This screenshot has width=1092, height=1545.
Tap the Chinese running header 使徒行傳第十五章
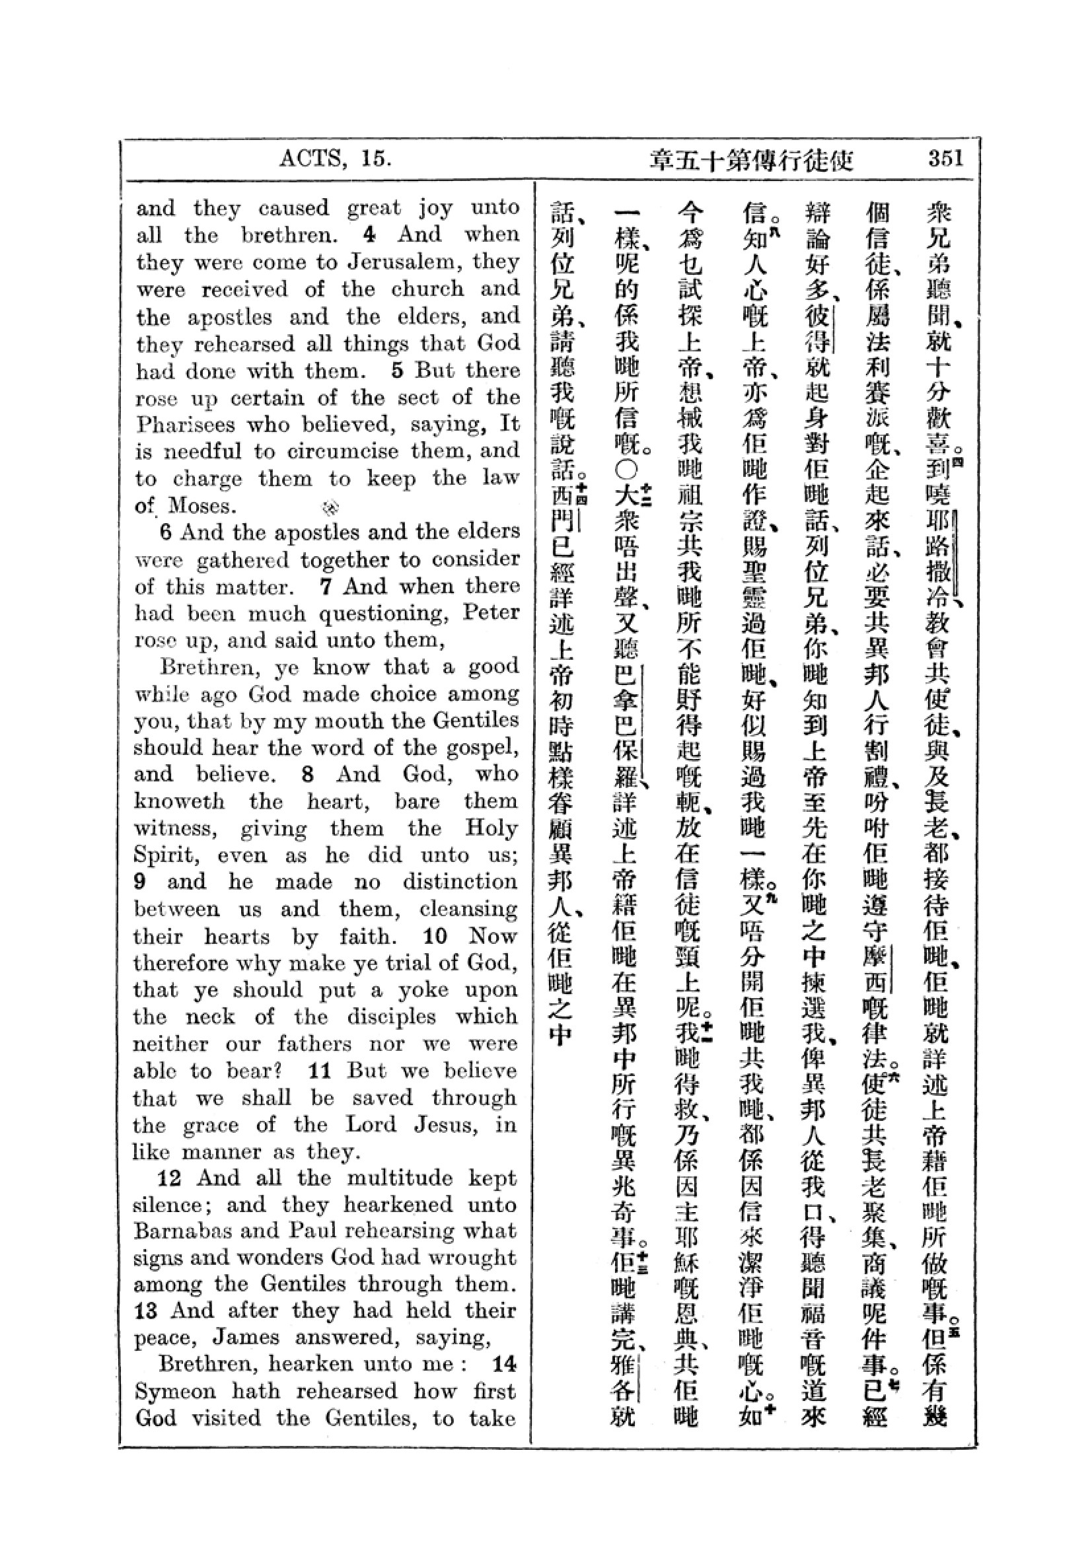(750, 160)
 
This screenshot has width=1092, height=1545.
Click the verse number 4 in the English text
(369, 234)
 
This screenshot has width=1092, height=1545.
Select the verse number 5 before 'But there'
(397, 370)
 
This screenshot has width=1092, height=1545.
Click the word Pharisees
(186, 425)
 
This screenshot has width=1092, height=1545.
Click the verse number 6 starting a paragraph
(166, 532)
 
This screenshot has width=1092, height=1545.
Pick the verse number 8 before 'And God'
(308, 774)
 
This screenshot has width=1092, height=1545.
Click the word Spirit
(166, 856)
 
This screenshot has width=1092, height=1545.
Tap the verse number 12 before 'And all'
(169, 1178)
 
